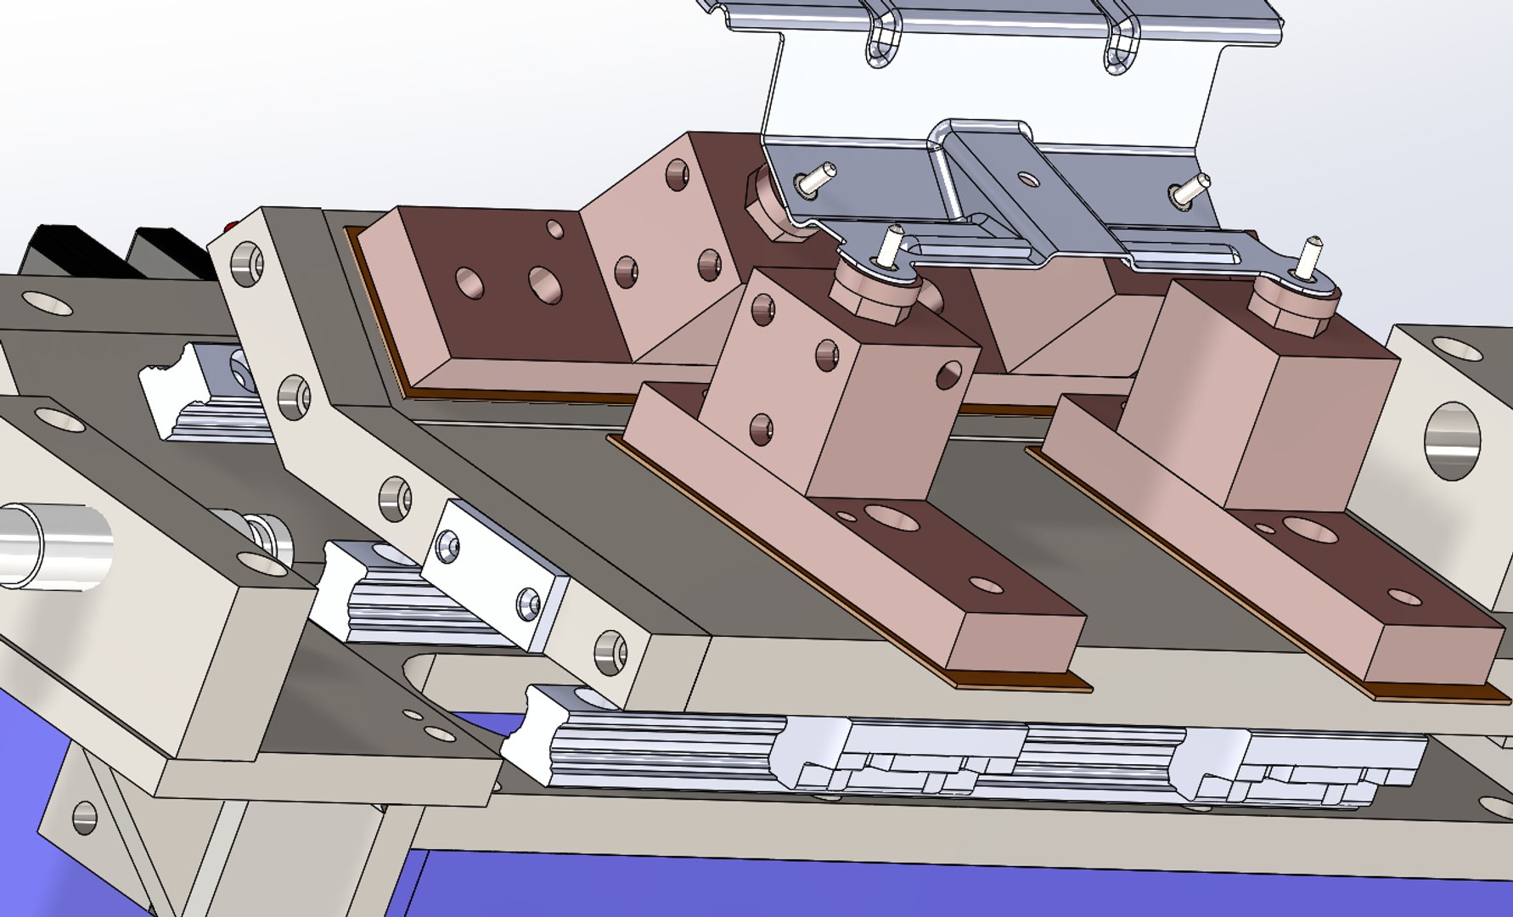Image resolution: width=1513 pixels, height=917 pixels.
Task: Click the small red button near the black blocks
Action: click(x=229, y=227)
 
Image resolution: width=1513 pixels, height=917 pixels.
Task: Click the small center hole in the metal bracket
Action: click(x=1027, y=179)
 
